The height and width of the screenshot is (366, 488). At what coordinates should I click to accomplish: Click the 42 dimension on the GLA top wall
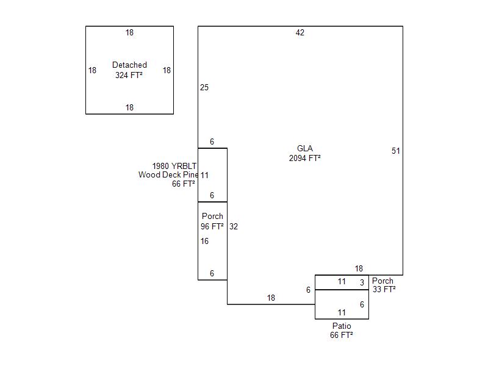(x=300, y=32)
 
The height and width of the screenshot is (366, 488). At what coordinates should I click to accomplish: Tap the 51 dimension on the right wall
(x=395, y=151)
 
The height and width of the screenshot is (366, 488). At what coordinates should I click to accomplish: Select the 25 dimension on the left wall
(x=204, y=87)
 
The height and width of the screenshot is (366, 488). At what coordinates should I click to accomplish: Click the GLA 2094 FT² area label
(x=304, y=153)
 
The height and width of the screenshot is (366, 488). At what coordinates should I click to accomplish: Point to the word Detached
(x=129, y=65)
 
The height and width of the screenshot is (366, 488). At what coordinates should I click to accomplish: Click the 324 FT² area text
(x=129, y=75)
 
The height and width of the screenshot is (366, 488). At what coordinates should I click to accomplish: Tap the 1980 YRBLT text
(x=174, y=166)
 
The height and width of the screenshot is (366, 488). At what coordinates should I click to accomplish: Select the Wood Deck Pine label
(x=168, y=174)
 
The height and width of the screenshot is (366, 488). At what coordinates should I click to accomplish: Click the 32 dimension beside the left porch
(x=234, y=226)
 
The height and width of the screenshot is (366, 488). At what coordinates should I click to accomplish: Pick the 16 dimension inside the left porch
(x=204, y=241)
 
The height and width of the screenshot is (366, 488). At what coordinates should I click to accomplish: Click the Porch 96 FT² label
(x=212, y=221)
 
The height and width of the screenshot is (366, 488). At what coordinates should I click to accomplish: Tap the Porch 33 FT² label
(x=384, y=285)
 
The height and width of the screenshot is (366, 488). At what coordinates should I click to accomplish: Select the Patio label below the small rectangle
(x=342, y=326)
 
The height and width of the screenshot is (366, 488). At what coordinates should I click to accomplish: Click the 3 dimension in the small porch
(x=362, y=282)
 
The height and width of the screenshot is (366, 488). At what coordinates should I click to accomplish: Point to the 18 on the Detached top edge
(x=129, y=32)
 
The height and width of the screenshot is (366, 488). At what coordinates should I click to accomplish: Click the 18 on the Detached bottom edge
(x=129, y=107)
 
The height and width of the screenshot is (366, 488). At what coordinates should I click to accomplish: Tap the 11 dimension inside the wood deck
(x=204, y=175)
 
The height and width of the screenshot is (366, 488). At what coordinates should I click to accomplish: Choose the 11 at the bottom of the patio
(x=342, y=312)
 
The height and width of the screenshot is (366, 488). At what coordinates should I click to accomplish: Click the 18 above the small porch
(x=359, y=268)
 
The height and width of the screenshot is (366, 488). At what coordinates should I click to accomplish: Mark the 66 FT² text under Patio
(x=342, y=335)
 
